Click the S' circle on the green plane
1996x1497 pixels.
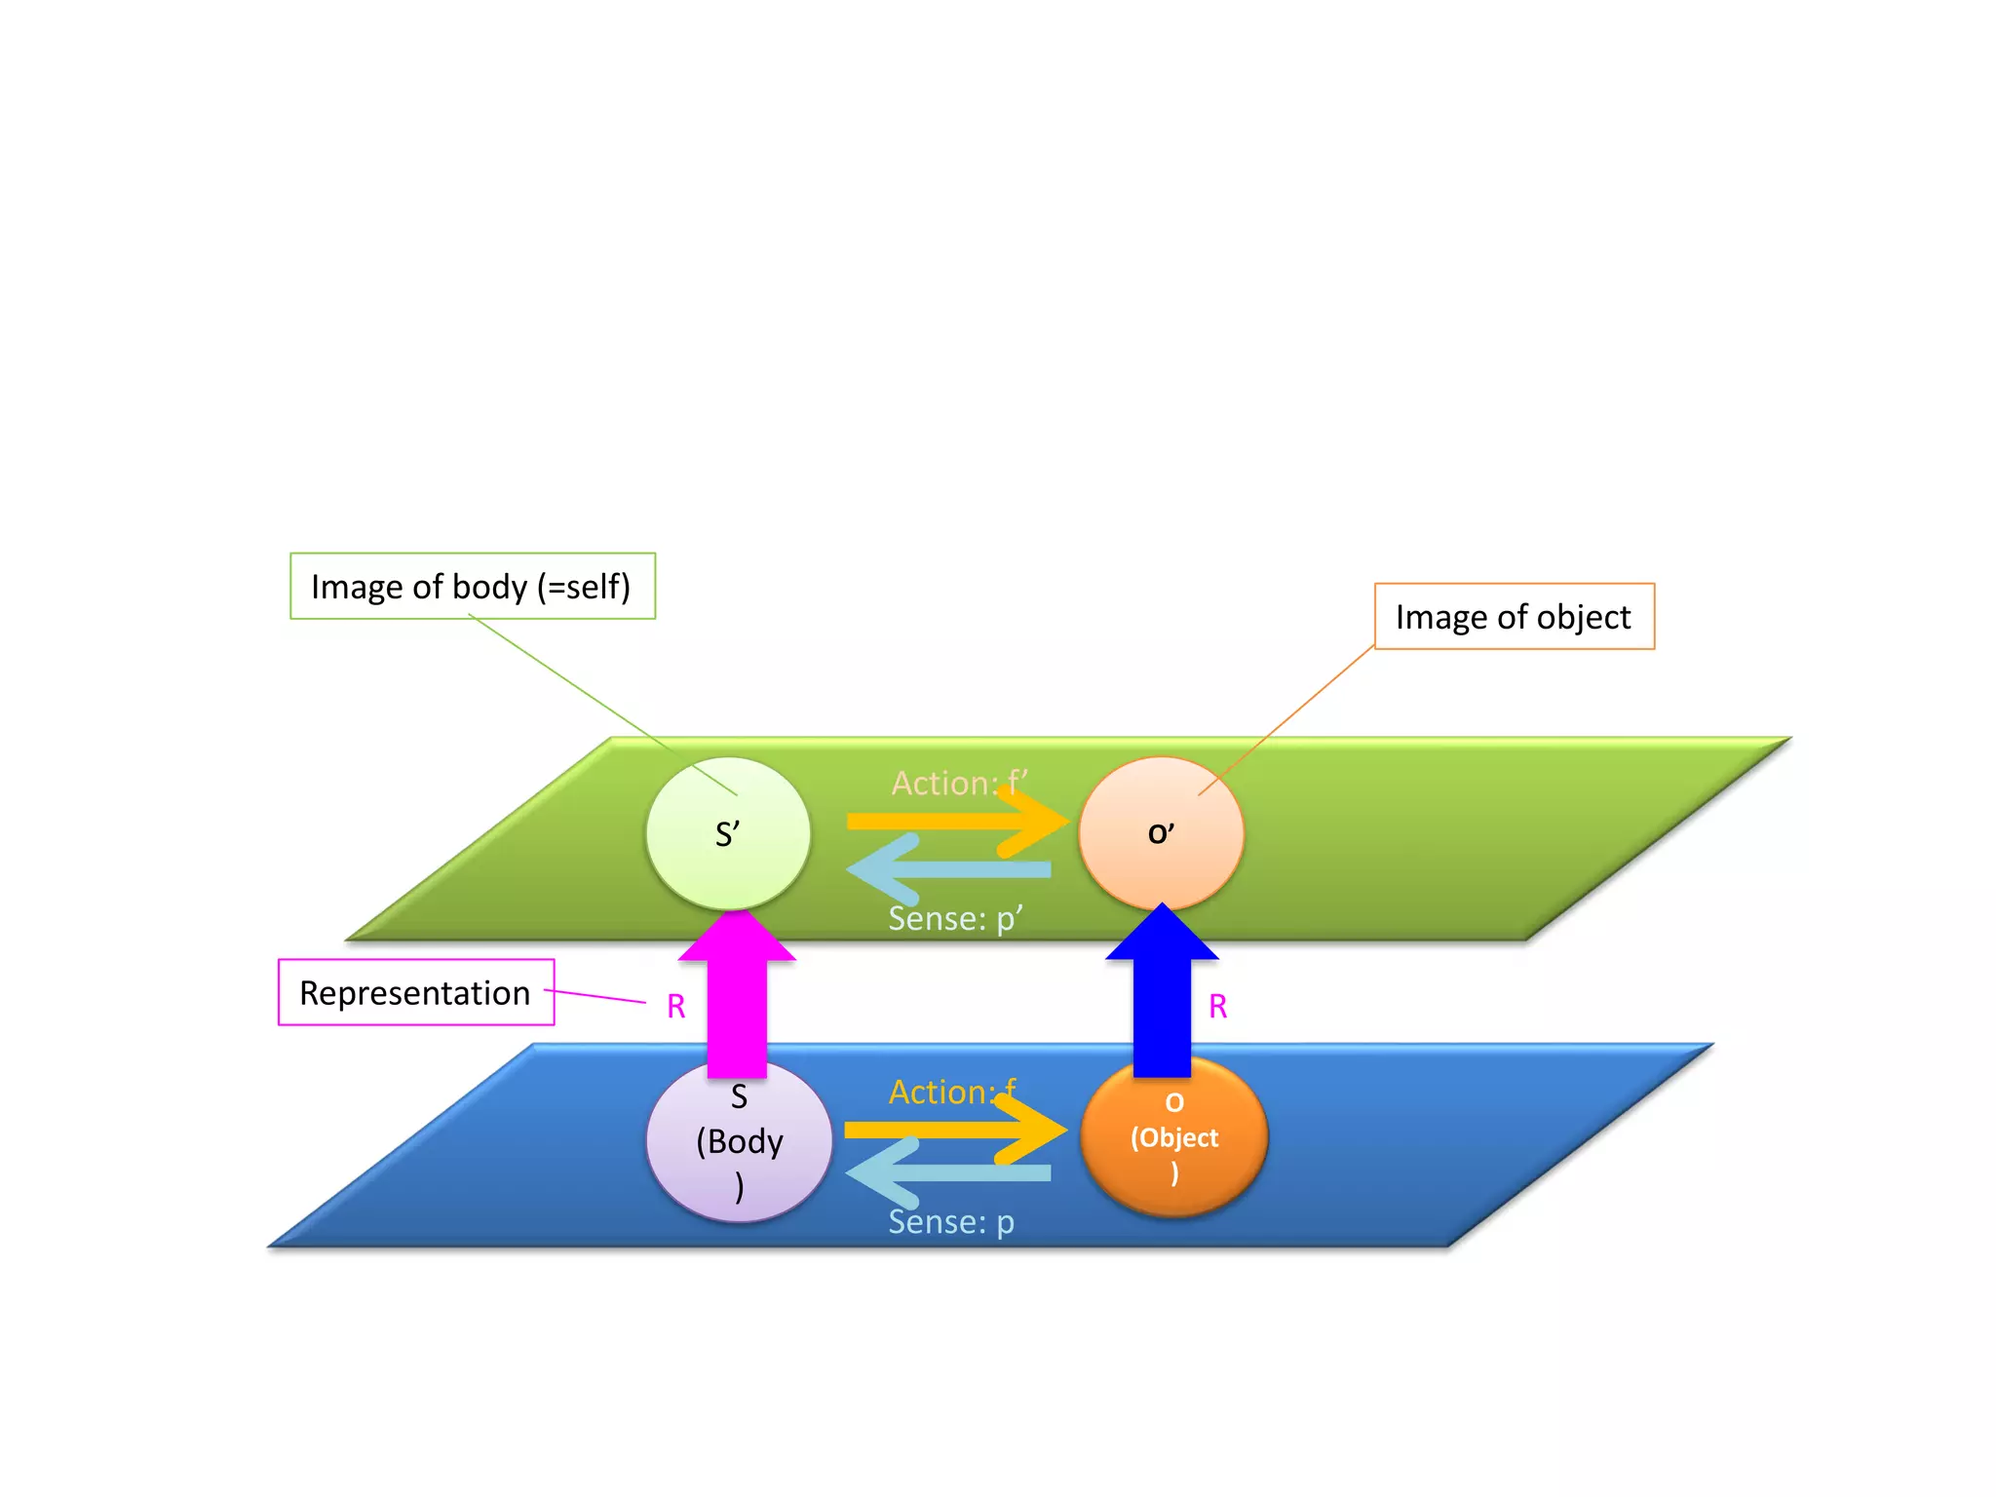coord(727,834)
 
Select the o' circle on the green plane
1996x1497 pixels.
coord(1161,833)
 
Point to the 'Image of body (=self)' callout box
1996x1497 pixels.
coord(472,586)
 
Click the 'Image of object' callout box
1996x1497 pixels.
coord(1514,616)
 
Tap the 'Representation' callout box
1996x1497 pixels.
coord(415,992)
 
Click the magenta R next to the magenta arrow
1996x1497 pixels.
coord(675,1006)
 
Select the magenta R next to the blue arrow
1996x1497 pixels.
coord(1217,1006)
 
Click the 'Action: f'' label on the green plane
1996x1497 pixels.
coord(959,783)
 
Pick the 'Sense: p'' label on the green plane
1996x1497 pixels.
coord(955,918)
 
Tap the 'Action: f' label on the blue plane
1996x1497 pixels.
coord(951,1092)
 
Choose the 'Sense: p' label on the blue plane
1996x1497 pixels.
coord(951,1221)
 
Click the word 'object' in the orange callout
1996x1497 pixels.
coord(1583,617)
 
